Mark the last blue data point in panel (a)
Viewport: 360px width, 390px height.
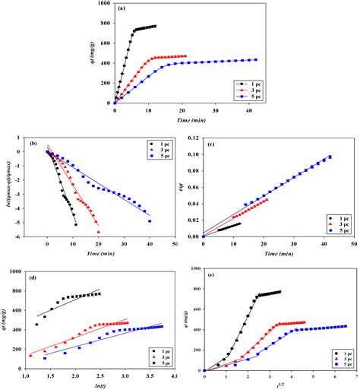click(x=256, y=60)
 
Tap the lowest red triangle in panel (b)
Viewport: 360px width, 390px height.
click(x=99, y=231)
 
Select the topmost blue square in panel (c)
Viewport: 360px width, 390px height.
click(x=330, y=157)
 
